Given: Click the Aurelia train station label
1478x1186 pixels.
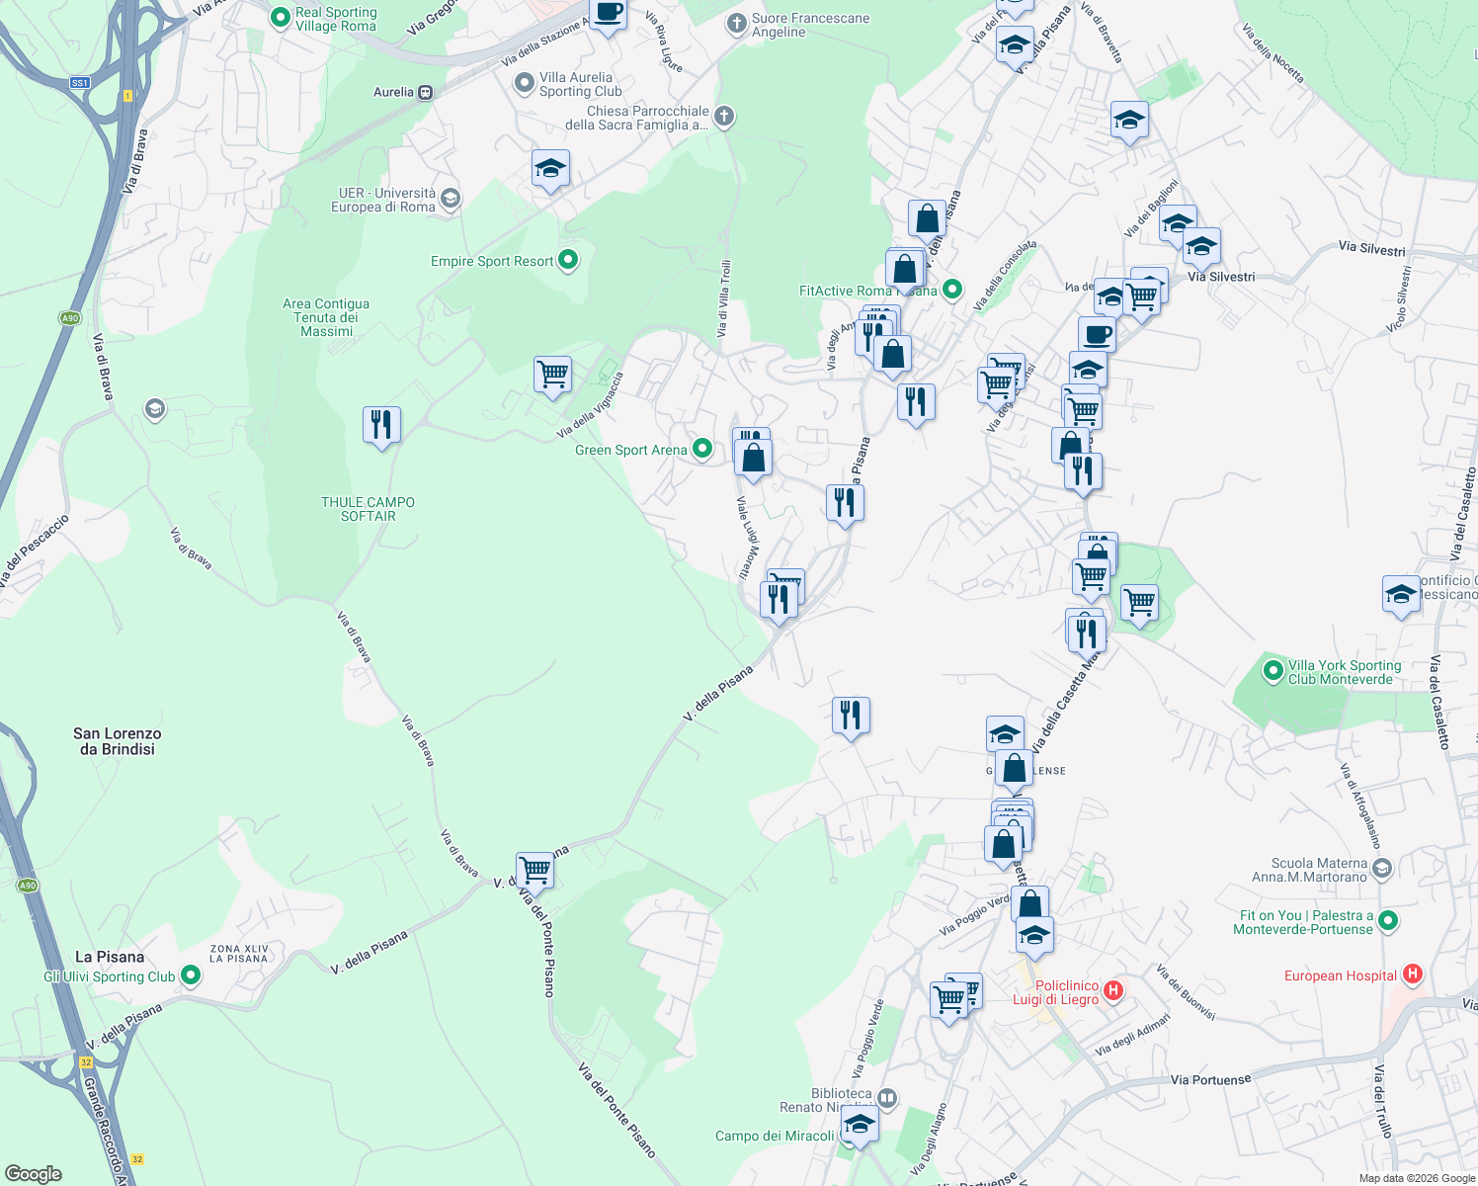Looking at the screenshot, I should click(393, 92).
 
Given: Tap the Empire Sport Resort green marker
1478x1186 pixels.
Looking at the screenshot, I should click(568, 260).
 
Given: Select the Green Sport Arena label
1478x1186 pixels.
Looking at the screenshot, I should click(630, 450).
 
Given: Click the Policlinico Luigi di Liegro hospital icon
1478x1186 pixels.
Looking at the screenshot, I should click(1113, 990).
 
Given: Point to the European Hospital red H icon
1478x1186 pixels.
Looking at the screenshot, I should click(1412, 974).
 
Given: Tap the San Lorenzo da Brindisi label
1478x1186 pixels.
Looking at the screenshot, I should click(117, 741).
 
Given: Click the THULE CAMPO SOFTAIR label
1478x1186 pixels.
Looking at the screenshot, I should click(368, 509).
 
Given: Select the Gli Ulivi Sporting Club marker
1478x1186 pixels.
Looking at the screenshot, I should click(191, 976).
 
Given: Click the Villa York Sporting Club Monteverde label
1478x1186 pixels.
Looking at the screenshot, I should click(1344, 672).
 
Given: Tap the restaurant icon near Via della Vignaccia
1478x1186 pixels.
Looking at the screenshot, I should click(381, 425).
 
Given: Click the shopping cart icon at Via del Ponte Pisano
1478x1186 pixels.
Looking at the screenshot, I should click(534, 870).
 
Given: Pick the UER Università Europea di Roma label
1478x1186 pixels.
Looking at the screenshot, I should click(382, 200).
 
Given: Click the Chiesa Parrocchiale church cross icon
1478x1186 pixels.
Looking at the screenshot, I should click(724, 117).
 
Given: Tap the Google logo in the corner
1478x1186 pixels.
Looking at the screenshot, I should click(34, 1174).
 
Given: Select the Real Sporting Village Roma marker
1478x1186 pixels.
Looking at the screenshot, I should click(280, 17).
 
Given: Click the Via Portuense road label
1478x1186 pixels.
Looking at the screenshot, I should click(1210, 1079).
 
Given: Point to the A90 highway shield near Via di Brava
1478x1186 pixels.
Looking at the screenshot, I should click(68, 318).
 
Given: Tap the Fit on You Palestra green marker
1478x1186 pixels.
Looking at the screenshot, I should click(1388, 921).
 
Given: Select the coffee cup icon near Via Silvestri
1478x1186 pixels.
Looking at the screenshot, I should click(1096, 335).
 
